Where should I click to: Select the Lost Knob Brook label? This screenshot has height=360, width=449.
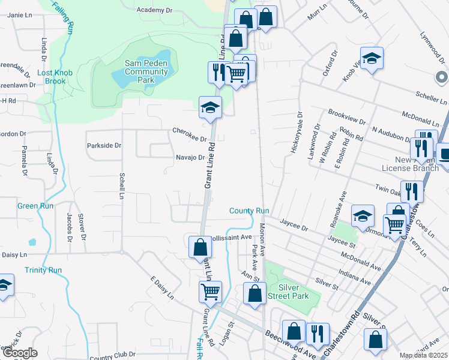point(55,77)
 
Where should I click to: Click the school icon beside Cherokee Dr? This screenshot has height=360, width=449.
point(211,108)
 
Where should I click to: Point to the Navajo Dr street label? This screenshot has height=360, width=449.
point(191,157)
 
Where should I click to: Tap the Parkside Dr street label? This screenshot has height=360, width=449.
point(104,145)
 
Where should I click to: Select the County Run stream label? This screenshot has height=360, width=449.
point(249,211)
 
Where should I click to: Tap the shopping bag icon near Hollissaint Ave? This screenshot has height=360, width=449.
point(200,247)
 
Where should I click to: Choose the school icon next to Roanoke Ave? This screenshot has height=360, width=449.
point(363,216)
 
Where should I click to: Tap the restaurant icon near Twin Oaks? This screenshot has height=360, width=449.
point(411,191)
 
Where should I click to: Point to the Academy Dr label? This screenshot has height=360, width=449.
point(154,10)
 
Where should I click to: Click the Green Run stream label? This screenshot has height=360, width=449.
point(35,206)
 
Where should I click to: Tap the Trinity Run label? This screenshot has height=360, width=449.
point(44,270)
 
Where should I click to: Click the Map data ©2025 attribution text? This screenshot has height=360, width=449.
point(423,356)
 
